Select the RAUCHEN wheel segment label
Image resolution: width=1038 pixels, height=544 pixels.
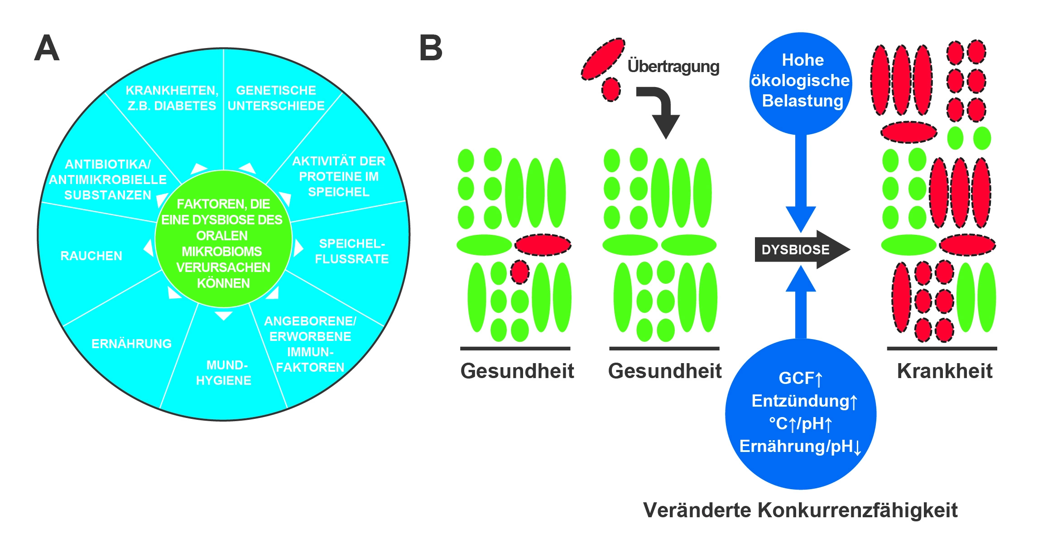click(91, 256)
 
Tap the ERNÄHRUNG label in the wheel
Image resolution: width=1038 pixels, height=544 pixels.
click(131, 344)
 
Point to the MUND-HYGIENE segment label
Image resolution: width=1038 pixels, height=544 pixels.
click(223, 373)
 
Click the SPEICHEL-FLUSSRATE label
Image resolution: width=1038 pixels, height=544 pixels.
click(352, 252)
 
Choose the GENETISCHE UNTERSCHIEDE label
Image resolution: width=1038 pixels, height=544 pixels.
click(276, 98)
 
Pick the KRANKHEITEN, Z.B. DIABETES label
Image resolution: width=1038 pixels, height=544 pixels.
click(172, 98)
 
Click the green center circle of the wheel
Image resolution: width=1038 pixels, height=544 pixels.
click(223, 239)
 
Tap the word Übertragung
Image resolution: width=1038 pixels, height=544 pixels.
click(673, 67)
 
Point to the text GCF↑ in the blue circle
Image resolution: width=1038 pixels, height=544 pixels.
click(800, 378)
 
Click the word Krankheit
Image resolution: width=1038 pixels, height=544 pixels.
click(944, 371)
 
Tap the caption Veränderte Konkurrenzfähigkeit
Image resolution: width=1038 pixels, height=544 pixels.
click(800, 510)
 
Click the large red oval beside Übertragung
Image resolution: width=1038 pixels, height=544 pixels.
click(603, 59)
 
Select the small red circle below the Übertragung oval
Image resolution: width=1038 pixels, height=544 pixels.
click(611, 89)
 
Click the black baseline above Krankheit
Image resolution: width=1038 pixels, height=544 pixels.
click(942, 349)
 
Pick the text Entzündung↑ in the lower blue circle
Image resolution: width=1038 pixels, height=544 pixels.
click(804, 401)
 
